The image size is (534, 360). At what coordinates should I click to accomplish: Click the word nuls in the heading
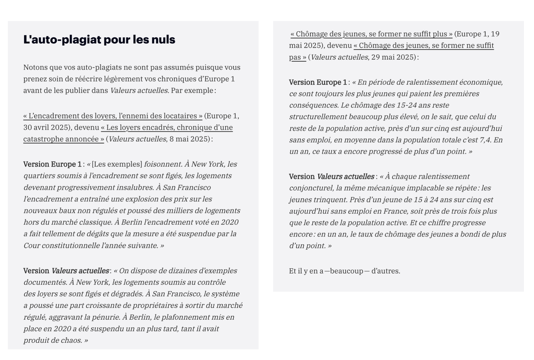tap(163, 40)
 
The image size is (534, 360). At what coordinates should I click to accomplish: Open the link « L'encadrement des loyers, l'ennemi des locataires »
tap(113, 116)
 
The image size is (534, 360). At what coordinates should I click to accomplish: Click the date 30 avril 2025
tap(46, 127)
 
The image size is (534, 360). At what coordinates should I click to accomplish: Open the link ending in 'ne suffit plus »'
tap(371, 34)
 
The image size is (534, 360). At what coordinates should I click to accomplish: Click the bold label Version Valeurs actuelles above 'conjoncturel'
tap(331, 177)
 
